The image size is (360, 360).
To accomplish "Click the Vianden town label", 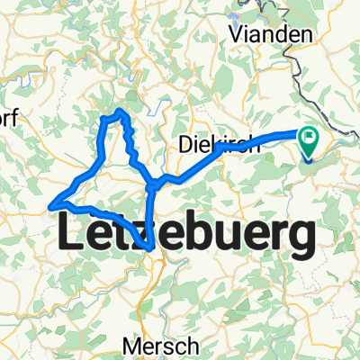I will (x=273, y=34).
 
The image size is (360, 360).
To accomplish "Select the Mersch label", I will (x=161, y=345).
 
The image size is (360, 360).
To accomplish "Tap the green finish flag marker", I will (x=311, y=139).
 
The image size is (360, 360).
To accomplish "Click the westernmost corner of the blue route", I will (x=52, y=205).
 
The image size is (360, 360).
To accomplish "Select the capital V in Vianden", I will (x=238, y=34).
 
